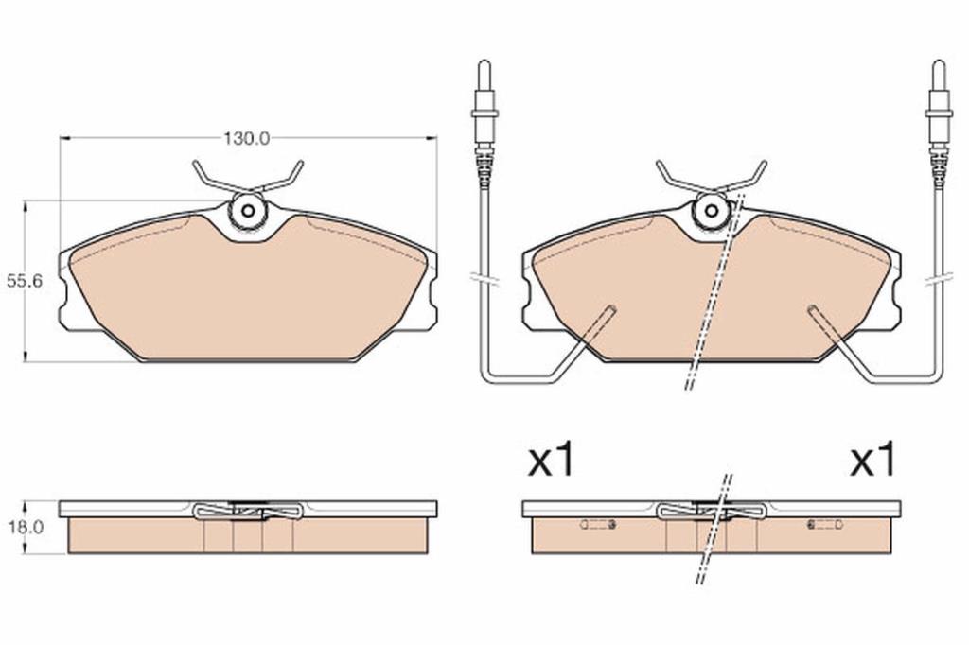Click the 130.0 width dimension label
[x=247, y=138]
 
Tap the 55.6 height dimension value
[x=24, y=282]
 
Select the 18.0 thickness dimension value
[x=24, y=527]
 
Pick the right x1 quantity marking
[x=872, y=460]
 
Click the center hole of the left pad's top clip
[x=248, y=211]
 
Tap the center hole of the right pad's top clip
[x=712, y=211]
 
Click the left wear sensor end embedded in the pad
[x=610, y=309]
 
